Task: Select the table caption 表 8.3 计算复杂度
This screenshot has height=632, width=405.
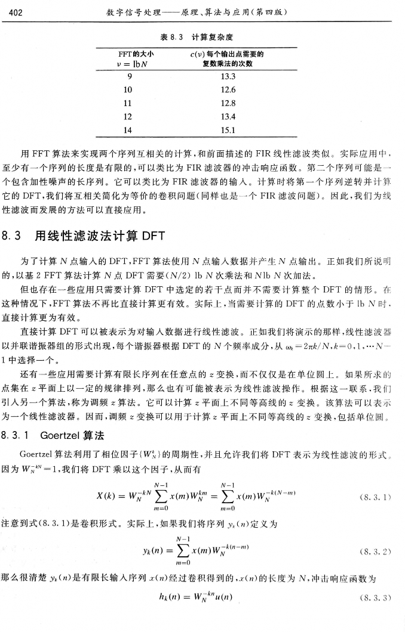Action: pos(203,37)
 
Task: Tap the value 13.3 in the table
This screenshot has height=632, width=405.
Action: pos(227,77)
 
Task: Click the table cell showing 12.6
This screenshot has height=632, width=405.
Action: pos(227,89)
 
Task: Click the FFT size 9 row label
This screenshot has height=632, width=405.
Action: pos(126,77)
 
